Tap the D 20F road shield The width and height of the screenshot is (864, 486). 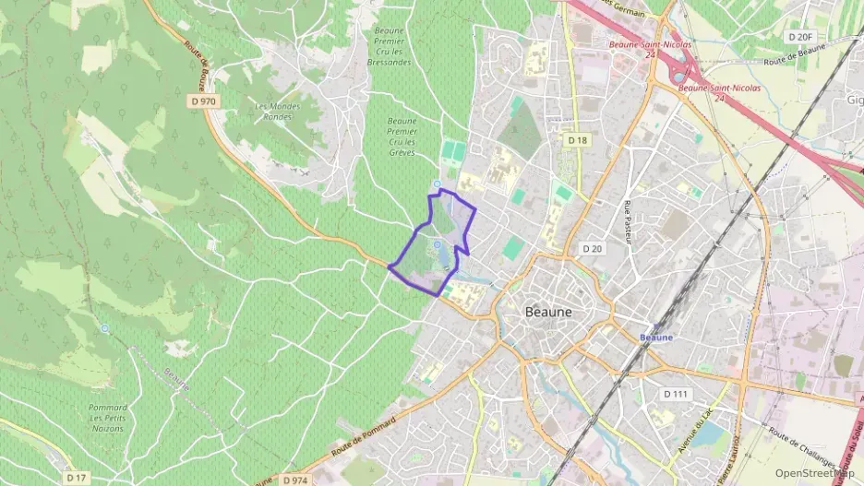coord(800,37)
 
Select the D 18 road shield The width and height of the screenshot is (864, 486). coord(578,140)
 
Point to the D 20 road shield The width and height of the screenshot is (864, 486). coord(593,249)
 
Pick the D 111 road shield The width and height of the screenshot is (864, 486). coord(676,394)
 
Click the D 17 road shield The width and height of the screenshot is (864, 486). coord(77,478)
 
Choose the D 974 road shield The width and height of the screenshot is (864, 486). coord(295,480)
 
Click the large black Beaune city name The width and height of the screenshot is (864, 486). coord(548,312)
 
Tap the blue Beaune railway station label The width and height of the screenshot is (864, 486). coord(656,338)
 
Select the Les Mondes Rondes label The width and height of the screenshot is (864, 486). coord(277,112)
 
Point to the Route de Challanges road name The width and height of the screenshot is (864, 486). coord(802,452)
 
